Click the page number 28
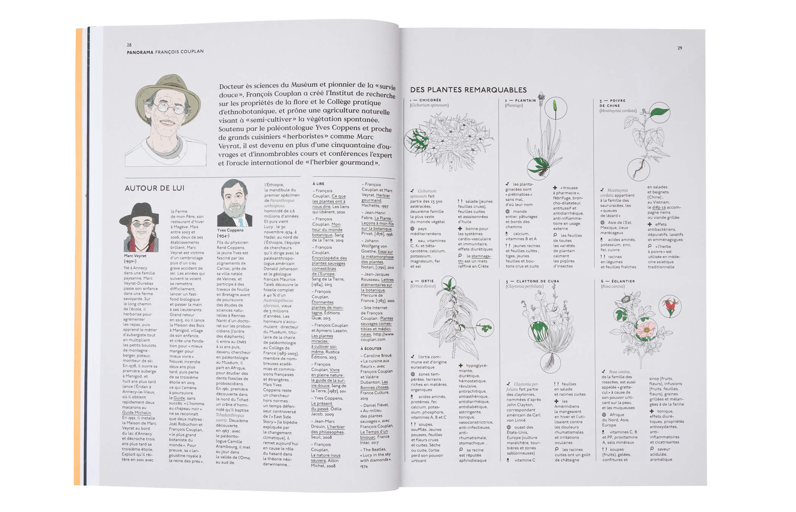coord(129,45)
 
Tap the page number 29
coord(680,48)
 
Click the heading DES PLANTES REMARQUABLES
coord(468,90)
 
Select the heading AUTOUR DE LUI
coord(155,188)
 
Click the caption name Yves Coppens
coord(230,230)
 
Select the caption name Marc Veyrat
coord(135,256)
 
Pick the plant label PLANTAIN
coord(525,101)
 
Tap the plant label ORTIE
coord(427,281)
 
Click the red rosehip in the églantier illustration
coord(670,305)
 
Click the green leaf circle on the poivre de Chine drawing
coord(660,112)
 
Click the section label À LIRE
coord(318,184)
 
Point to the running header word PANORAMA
coord(140,52)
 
